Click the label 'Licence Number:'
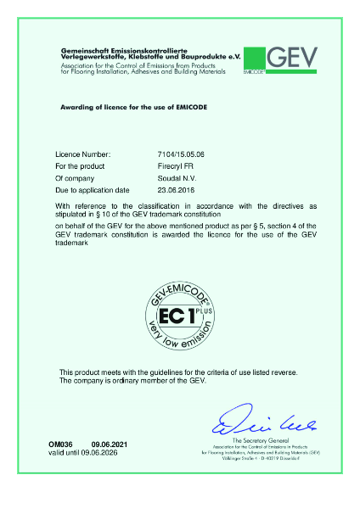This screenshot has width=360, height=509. [x=82, y=156]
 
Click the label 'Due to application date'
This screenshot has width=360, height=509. [x=92, y=190]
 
